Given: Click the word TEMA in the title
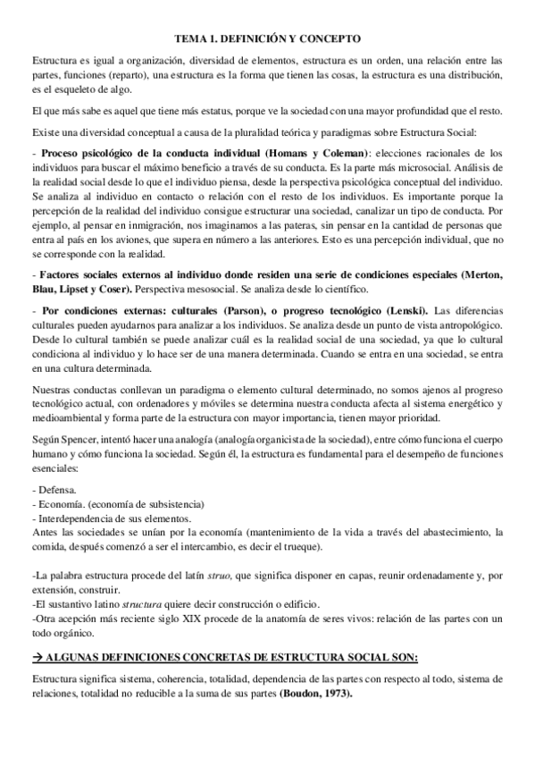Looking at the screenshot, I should pos(188,39).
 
